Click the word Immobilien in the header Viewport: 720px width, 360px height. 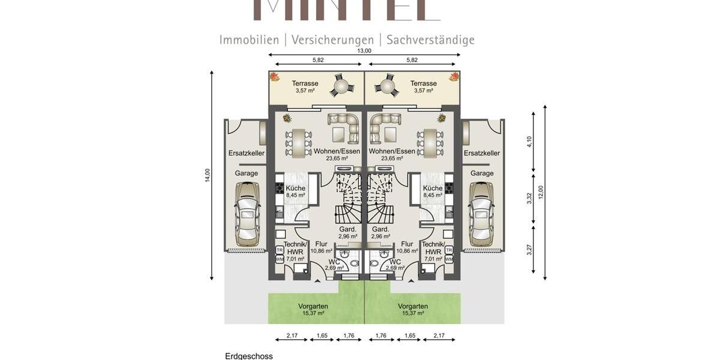coord(249,40)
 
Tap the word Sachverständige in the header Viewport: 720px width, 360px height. coord(430,40)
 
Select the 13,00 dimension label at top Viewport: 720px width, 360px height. coord(364,51)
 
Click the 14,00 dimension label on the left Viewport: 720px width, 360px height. coord(208,175)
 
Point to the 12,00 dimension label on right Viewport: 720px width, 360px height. coord(541,192)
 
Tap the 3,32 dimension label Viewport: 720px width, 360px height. coord(529,198)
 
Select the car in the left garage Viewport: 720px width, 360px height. coord(246,214)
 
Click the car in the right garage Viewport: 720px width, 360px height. coord(481,214)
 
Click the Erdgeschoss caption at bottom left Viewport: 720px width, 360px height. coord(248,356)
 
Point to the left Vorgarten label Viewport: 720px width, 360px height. coord(313,306)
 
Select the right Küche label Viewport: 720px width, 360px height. coord(432,188)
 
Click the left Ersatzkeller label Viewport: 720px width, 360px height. coord(246,153)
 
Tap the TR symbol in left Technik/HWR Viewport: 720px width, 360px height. coord(280,250)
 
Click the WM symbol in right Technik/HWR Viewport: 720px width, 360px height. coord(449,259)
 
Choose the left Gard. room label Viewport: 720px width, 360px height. coord(348,229)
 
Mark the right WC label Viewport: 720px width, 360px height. coord(395,262)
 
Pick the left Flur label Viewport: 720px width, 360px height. coord(321,244)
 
